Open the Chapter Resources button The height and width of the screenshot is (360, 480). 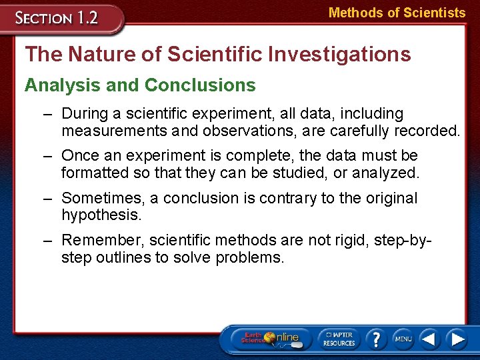(x=339, y=338)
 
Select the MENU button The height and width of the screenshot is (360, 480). (x=403, y=339)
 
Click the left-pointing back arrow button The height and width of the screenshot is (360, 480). (x=430, y=339)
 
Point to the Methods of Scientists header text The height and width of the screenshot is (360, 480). (x=397, y=13)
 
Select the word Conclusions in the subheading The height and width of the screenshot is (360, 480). (x=200, y=85)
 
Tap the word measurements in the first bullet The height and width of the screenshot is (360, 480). (x=112, y=131)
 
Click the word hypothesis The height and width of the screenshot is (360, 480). (x=101, y=215)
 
